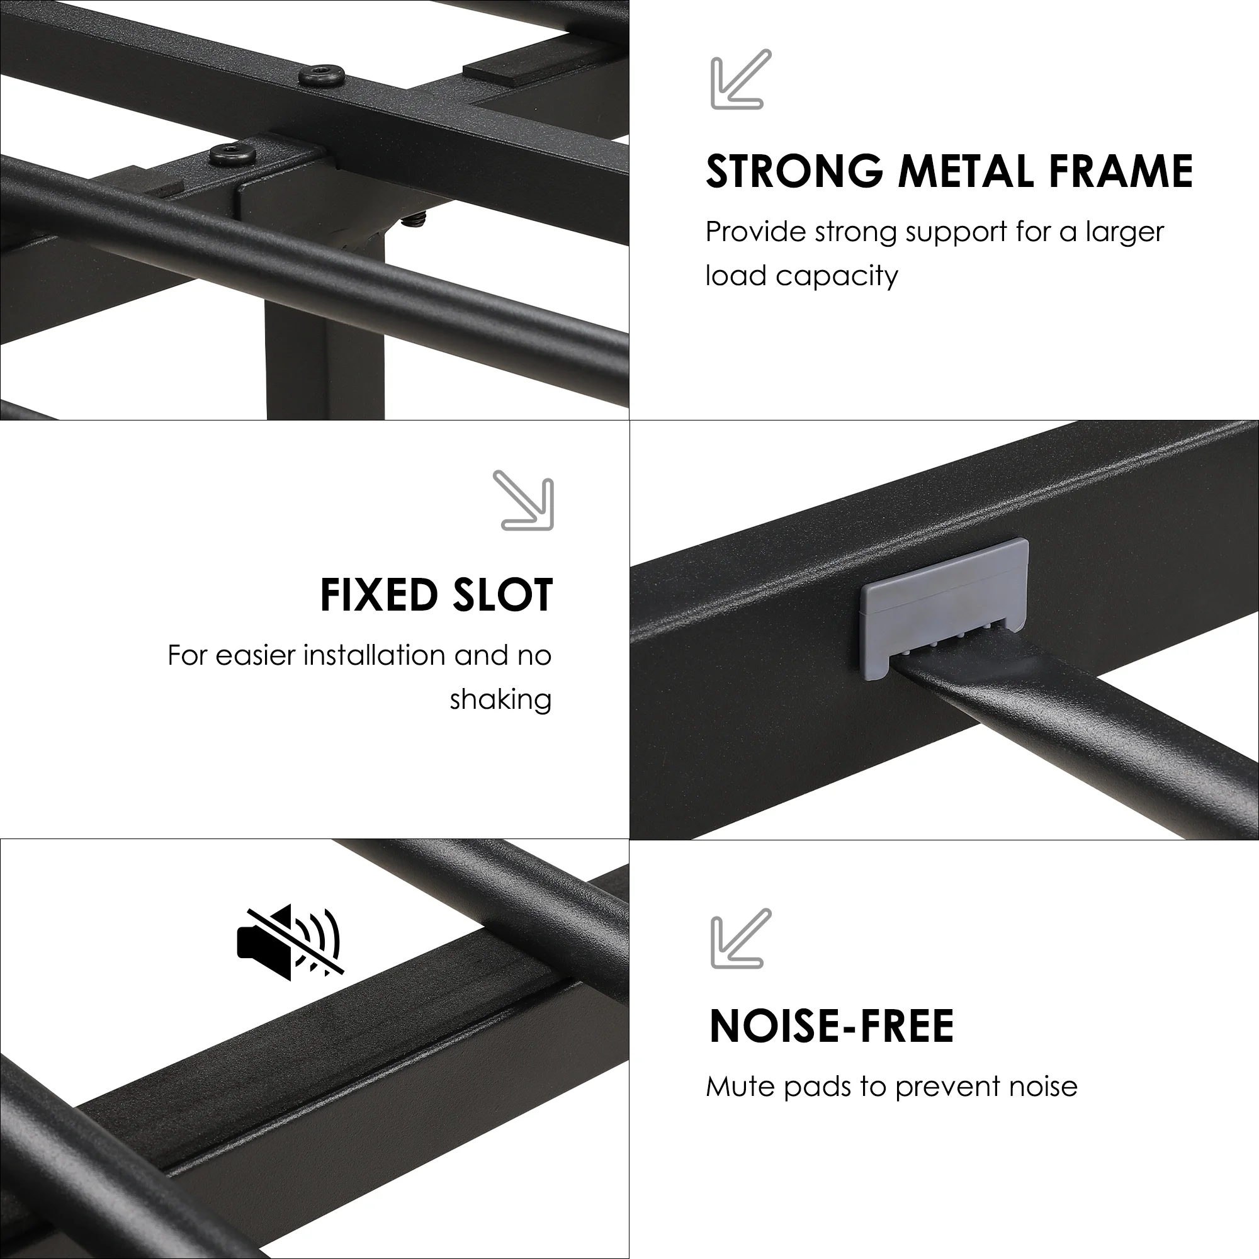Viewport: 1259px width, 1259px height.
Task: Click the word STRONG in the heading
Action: click(794, 171)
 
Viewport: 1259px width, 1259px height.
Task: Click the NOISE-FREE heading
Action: click(832, 1025)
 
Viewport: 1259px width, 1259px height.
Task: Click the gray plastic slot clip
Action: click(945, 609)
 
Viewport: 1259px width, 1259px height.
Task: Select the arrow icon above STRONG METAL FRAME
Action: click(741, 79)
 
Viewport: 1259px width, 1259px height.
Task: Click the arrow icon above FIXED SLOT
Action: click(523, 500)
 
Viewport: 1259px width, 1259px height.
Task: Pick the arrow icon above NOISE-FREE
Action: click(741, 938)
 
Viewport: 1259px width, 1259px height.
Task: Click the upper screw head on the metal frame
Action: click(322, 75)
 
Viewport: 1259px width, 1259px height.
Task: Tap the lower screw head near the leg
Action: click(232, 155)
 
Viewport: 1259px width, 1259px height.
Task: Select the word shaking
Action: click(500, 700)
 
